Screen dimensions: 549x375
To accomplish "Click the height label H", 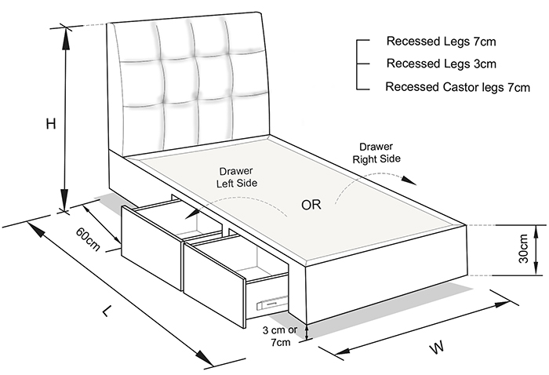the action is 51,124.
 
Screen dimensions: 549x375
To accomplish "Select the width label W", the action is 437,347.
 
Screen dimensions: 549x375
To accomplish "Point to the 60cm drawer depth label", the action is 88,239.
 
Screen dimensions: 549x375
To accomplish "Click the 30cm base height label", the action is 523,248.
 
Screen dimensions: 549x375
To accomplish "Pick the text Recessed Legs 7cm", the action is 441,42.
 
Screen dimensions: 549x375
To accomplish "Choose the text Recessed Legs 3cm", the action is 441,64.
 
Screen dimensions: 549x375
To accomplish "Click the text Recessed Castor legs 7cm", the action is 457,86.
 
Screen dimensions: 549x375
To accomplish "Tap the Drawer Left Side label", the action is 237,177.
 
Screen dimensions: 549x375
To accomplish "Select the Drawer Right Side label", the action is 376,153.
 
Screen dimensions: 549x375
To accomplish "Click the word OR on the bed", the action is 311,205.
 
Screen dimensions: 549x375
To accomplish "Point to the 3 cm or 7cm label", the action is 280,336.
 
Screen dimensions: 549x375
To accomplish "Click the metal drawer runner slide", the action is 271,302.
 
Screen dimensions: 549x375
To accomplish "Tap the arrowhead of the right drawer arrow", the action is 409,180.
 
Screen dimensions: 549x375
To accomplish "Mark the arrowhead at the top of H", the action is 65,38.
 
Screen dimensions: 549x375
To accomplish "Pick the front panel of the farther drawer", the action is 152,248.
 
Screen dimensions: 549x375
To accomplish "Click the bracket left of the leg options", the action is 362,65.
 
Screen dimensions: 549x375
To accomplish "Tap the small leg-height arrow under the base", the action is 307,333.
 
